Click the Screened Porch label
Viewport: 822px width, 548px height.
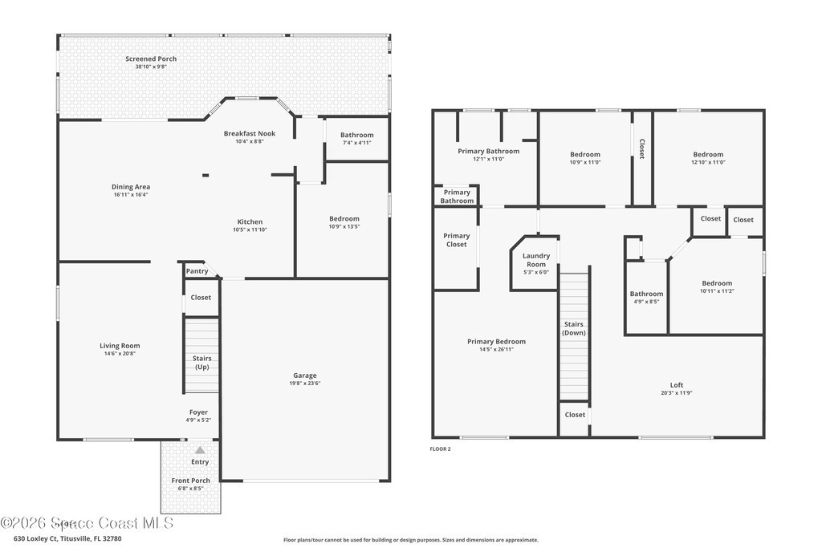[x=151, y=59]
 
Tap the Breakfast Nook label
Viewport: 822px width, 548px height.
[x=250, y=134]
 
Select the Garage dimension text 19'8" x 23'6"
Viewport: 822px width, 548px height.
[x=304, y=383]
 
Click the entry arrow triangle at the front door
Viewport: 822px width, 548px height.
[x=200, y=450]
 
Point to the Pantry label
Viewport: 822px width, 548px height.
[x=197, y=271]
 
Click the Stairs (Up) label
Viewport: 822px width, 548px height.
[x=201, y=363]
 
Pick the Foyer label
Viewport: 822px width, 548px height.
[x=199, y=412]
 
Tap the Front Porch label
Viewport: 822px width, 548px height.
[x=191, y=481]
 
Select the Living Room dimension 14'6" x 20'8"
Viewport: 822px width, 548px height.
[x=120, y=354]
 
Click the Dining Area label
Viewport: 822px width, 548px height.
[x=131, y=186]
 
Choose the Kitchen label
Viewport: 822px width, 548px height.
[x=250, y=221]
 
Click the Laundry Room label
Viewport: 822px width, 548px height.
[x=536, y=260]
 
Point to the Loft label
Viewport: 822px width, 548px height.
[x=677, y=385]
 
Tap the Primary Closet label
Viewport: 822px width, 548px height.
[x=457, y=240]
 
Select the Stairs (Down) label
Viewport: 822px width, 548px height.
[x=574, y=328]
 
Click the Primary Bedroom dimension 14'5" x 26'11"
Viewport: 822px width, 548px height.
[x=496, y=350]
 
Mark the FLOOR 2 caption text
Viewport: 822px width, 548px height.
[x=441, y=449]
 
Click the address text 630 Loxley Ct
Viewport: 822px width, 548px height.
[x=35, y=538]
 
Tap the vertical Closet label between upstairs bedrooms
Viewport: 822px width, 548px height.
[x=641, y=148]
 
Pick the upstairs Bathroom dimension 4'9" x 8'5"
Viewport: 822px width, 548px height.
[x=646, y=302]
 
